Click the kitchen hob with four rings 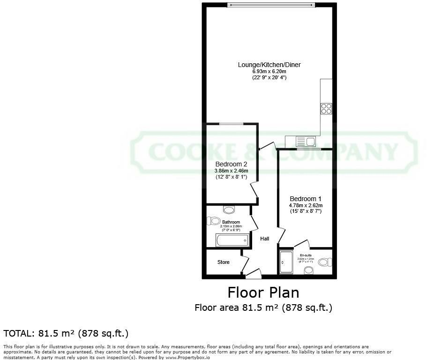coord(326,109)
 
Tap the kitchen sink coord(310,141)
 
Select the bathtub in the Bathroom coord(232,241)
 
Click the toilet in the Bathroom coord(214,220)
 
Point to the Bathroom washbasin coord(229,210)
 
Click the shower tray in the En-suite coord(286,262)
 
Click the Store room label coord(224,262)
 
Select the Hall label coord(265,239)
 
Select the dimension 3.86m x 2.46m coord(231,171)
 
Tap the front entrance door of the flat coord(254,273)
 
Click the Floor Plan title coord(263,292)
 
